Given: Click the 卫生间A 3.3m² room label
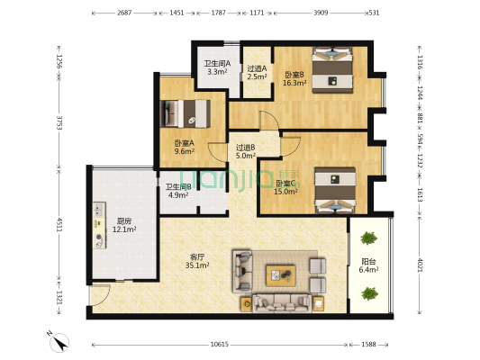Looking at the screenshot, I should click(x=217, y=67).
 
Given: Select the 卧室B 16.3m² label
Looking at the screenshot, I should click(x=294, y=78).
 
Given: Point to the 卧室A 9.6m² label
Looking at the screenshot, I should click(x=184, y=147).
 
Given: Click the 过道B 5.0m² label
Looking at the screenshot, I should click(x=246, y=151).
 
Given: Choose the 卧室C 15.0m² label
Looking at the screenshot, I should click(x=287, y=186).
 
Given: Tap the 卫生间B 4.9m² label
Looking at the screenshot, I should click(x=177, y=191).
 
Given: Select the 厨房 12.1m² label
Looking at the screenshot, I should click(x=125, y=225).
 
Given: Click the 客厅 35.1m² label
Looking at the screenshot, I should click(x=196, y=261).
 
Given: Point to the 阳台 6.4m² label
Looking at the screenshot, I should click(x=368, y=265).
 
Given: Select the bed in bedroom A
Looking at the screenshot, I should click(x=186, y=113).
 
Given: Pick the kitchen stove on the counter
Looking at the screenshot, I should click(x=96, y=226).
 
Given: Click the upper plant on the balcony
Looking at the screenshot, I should click(x=368, y=239).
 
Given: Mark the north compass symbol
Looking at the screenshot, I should click(x=56, y=343).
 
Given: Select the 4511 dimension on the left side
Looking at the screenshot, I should click(x=59, y=225).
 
